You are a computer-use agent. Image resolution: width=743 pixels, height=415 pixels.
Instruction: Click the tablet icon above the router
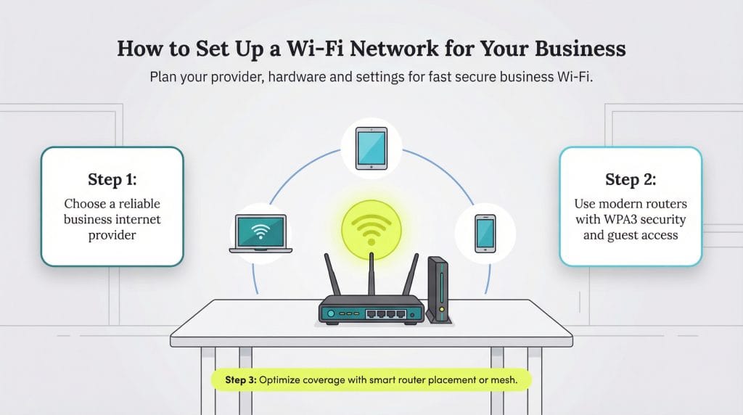(x=371, y=148)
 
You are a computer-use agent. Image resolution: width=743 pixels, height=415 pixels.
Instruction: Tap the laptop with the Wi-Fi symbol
(x=260, y=234)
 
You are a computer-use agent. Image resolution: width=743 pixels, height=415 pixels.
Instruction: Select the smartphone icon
(x=485, y=234)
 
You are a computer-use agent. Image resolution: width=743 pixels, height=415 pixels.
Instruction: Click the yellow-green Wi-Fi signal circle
(x=371, y=230)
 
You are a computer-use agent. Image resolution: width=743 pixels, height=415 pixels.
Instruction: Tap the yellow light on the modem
(x=442, y=309)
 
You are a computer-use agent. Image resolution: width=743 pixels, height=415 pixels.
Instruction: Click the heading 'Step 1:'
(x=112, y=179)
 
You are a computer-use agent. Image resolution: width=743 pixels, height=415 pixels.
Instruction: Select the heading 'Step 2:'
(x=631, y=179)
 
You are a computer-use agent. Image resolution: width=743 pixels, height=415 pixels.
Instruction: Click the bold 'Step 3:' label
(x=241, y=380)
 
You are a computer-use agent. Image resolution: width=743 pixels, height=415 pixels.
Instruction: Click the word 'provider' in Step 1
(x=112, y=236)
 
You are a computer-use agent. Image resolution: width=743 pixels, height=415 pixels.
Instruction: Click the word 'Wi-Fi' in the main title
(x=315, y=49)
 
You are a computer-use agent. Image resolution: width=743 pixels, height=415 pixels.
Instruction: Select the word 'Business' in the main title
(x=580, y=49)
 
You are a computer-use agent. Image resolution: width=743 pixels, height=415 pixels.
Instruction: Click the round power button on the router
(x=331, y=313)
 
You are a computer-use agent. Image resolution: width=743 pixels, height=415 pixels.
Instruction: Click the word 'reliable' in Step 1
(x=139, y=204)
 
